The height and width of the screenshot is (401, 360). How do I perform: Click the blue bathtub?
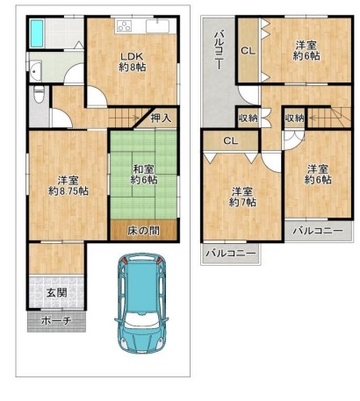point(37,33)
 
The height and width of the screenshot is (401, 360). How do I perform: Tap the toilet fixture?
point(39,94)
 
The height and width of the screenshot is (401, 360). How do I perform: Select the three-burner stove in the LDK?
point(124,25)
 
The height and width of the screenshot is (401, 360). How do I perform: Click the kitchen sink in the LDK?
point(157,26)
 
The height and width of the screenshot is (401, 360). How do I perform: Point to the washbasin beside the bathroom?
point(35,71)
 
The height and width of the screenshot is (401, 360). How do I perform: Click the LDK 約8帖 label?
point(133,61)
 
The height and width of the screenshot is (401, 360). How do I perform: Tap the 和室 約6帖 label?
point(144,175)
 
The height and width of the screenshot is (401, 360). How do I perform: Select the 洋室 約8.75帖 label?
point(68,185)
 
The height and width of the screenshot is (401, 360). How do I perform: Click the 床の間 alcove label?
point(143,231)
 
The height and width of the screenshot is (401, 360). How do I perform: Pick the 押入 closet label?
point(161,118)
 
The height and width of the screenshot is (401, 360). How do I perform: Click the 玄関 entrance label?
point(56,292)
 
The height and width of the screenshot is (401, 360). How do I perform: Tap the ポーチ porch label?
point(56,321)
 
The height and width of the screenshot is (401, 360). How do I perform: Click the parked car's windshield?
point(140,322)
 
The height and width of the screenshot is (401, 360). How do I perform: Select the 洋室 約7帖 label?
point(242,197)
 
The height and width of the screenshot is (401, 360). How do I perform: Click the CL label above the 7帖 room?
point(231,141)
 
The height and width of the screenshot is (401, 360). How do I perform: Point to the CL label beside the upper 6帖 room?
point(248,51)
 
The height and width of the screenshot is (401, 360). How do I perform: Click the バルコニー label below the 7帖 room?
point(231,254)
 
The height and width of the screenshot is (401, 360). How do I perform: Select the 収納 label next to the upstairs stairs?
point(294,118)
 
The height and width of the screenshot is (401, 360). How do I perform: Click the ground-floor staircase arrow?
point(124,118)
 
